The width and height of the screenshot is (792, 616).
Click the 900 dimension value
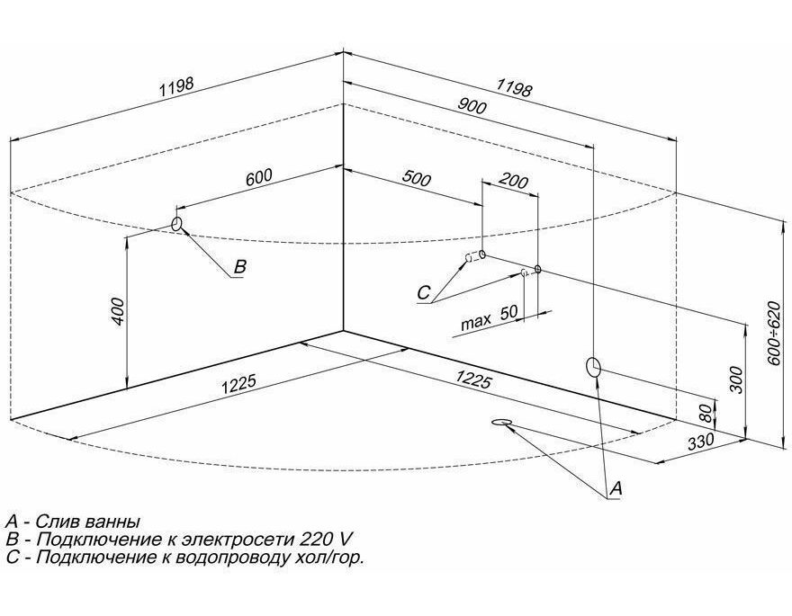click(472, 106)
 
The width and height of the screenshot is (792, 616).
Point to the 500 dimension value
click(417, 179)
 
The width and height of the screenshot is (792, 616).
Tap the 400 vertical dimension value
click(117, 311)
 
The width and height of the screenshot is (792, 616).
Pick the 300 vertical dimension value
click(737, 379)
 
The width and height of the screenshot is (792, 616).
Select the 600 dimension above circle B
click(258, 177)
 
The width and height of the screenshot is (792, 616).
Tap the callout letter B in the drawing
click(240, 266)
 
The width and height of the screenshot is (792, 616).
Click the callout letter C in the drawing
click(423, 292)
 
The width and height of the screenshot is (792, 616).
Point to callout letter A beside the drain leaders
click(616, 488)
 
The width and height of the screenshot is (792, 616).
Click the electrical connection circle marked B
click(176, 224)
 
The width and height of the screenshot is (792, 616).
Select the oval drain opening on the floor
click(501, 422)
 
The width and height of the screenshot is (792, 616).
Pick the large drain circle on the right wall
click(593, 367)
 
